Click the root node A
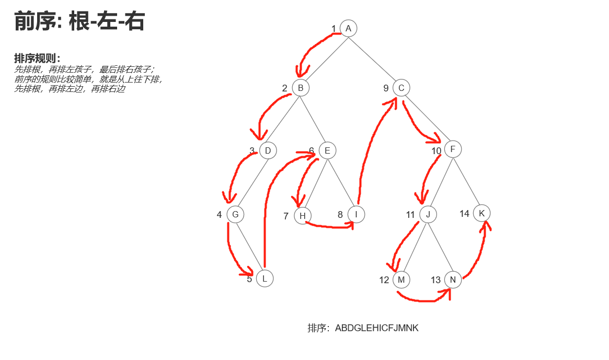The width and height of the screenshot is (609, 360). [348, 28]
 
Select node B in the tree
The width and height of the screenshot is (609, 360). [301, 88]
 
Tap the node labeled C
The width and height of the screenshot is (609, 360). [401, 88]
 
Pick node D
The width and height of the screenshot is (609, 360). [268, 151]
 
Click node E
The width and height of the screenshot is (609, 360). [327, 151]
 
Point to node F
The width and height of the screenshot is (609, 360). [453, 149]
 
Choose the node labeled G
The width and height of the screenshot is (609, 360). [235, 214]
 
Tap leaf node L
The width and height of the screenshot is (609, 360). [265, 278]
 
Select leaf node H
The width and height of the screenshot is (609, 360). [303, 215]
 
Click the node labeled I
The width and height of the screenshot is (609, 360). [356, 214]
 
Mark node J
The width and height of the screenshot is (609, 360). [428, 214]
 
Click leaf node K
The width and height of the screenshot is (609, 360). [481, 213]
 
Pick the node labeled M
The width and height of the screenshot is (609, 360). [401, 280]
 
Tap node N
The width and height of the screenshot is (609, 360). [453, 280]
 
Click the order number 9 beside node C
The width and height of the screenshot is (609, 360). [386, 88]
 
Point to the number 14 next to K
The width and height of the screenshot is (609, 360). [465, 214]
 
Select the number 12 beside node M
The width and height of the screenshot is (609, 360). [384, 280]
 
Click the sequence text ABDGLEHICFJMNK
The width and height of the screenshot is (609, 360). [376, 328]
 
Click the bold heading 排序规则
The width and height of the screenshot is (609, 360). [37, 58]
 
